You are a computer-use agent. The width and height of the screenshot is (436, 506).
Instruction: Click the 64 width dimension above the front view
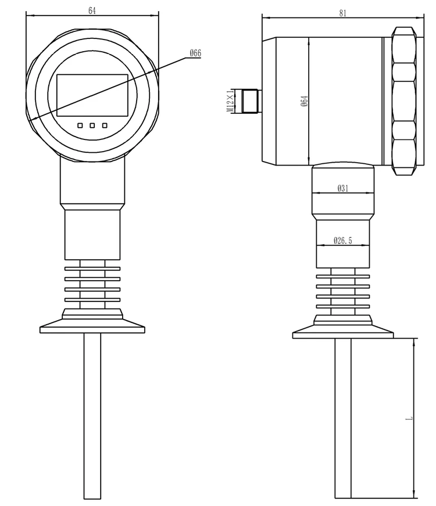click(x=92, y=10)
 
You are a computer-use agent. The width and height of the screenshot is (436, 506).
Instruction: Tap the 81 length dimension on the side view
click(x=342, y=13)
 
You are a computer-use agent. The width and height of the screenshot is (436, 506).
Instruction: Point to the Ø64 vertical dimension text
click(x=303, y=101)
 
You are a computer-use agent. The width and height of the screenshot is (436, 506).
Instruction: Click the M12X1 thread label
click(x=230, y=101)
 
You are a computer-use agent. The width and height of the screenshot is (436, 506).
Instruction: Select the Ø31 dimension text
click(x=343, y=188)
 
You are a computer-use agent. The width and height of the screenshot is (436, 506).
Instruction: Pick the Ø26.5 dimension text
click(x=343, y=241)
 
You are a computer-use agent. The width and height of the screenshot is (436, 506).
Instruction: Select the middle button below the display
click(x=92, y=125)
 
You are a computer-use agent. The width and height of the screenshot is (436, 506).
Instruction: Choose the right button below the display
click(x=105, y=125)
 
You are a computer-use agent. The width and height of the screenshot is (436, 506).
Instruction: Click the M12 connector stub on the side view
click(x=249, y=101)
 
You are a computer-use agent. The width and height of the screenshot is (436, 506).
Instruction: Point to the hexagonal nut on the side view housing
click(x=404, y=101)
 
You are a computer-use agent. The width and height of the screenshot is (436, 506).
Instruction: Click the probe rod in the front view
click(x=92, y=415)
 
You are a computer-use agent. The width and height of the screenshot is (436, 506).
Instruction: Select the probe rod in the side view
click(x=343, y=418)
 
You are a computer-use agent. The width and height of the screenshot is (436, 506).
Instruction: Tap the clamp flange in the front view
click(x=92, y=328)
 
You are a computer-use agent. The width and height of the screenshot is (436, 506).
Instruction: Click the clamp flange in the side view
click(x=343, y=333)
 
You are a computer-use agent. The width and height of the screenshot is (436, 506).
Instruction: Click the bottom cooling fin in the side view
click(x=343, y=307)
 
